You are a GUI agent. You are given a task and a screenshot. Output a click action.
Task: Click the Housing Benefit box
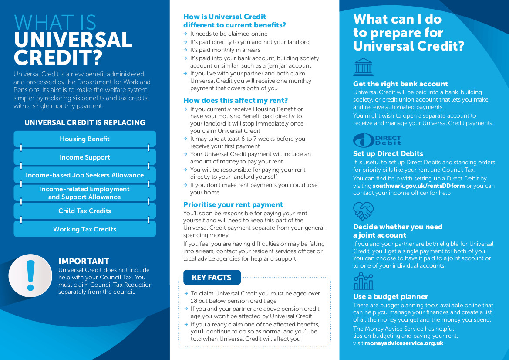(84, 139)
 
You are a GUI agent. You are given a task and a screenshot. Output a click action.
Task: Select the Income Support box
(84, 157)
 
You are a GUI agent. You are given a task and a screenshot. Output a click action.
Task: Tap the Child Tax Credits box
(84, 211)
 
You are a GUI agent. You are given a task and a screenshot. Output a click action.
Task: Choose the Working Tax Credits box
(84, 229)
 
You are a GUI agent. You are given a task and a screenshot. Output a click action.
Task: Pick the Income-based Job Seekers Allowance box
(84, 175)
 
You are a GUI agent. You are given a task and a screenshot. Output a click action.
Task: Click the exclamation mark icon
(30, 275)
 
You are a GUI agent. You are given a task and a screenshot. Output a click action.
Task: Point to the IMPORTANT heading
(84, 261)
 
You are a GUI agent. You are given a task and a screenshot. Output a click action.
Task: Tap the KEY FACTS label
(212, 278)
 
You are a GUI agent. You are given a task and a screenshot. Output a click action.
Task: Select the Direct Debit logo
(377, 140)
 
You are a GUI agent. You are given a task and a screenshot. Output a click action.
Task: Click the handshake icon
(363, 211)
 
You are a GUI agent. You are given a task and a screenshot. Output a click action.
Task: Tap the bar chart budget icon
(363, 282)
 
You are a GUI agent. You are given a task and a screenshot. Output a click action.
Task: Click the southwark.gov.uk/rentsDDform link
(418, 186)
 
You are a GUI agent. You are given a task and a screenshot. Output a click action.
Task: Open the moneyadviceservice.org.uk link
(404, 343)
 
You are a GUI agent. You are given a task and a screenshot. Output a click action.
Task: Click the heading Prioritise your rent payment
(233, 204)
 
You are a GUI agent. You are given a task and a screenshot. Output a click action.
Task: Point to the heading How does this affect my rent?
(236, 100)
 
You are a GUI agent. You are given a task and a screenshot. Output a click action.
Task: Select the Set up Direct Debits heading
(388, 153)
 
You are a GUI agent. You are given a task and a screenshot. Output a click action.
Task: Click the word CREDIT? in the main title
(58, 57)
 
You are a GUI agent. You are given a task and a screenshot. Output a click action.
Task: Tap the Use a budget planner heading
(391, 296)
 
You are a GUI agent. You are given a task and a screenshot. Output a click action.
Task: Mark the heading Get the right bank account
(400, 84)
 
